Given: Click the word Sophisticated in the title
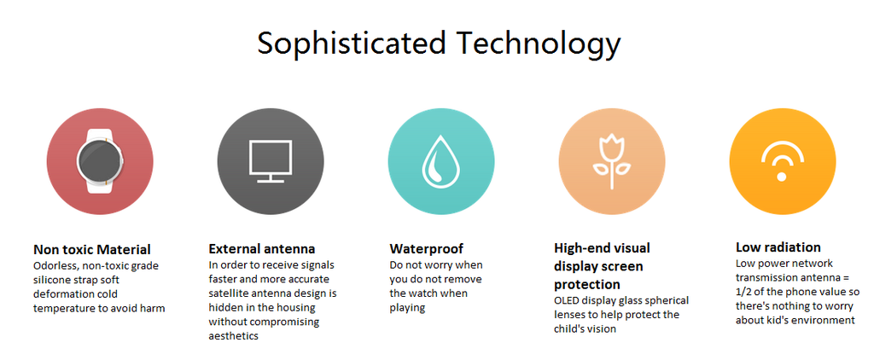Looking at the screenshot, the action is click(351, 43).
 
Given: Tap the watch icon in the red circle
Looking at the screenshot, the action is click(100, 161).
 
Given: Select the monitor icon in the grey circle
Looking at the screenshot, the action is click(271, 161).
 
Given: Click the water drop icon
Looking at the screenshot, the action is click(441, 161).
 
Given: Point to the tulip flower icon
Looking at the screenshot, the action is click(611, 161).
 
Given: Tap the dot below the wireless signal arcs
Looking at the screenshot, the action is click(782, 176).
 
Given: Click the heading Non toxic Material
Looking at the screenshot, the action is click(92, 249).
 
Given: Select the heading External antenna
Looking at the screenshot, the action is click(262, 248).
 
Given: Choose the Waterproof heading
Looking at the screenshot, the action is click(427, 248).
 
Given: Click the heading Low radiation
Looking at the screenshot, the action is click(778, 247).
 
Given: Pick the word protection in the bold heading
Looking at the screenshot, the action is click(587, 285).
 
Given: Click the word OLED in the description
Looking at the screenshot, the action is click(567, 300).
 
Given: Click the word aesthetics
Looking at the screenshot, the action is click(234, 336).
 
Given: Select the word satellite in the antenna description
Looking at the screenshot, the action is click(228, 293).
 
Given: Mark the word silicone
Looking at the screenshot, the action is click(52, 280).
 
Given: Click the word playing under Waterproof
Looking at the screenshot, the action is click(407, 308).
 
